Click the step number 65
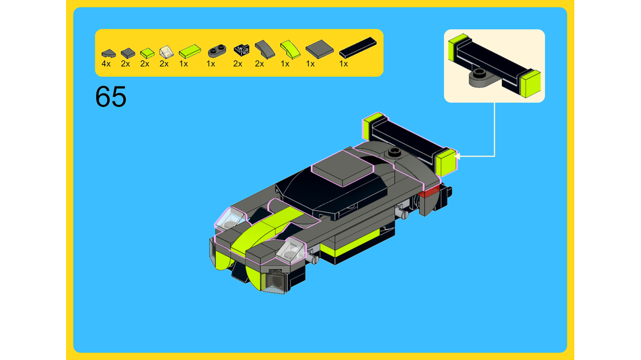(111, 97)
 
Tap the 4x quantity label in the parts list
(106, 64)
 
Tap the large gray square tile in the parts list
(319, 48)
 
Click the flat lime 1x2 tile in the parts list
(190, 50)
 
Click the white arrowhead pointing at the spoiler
(458, 155)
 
